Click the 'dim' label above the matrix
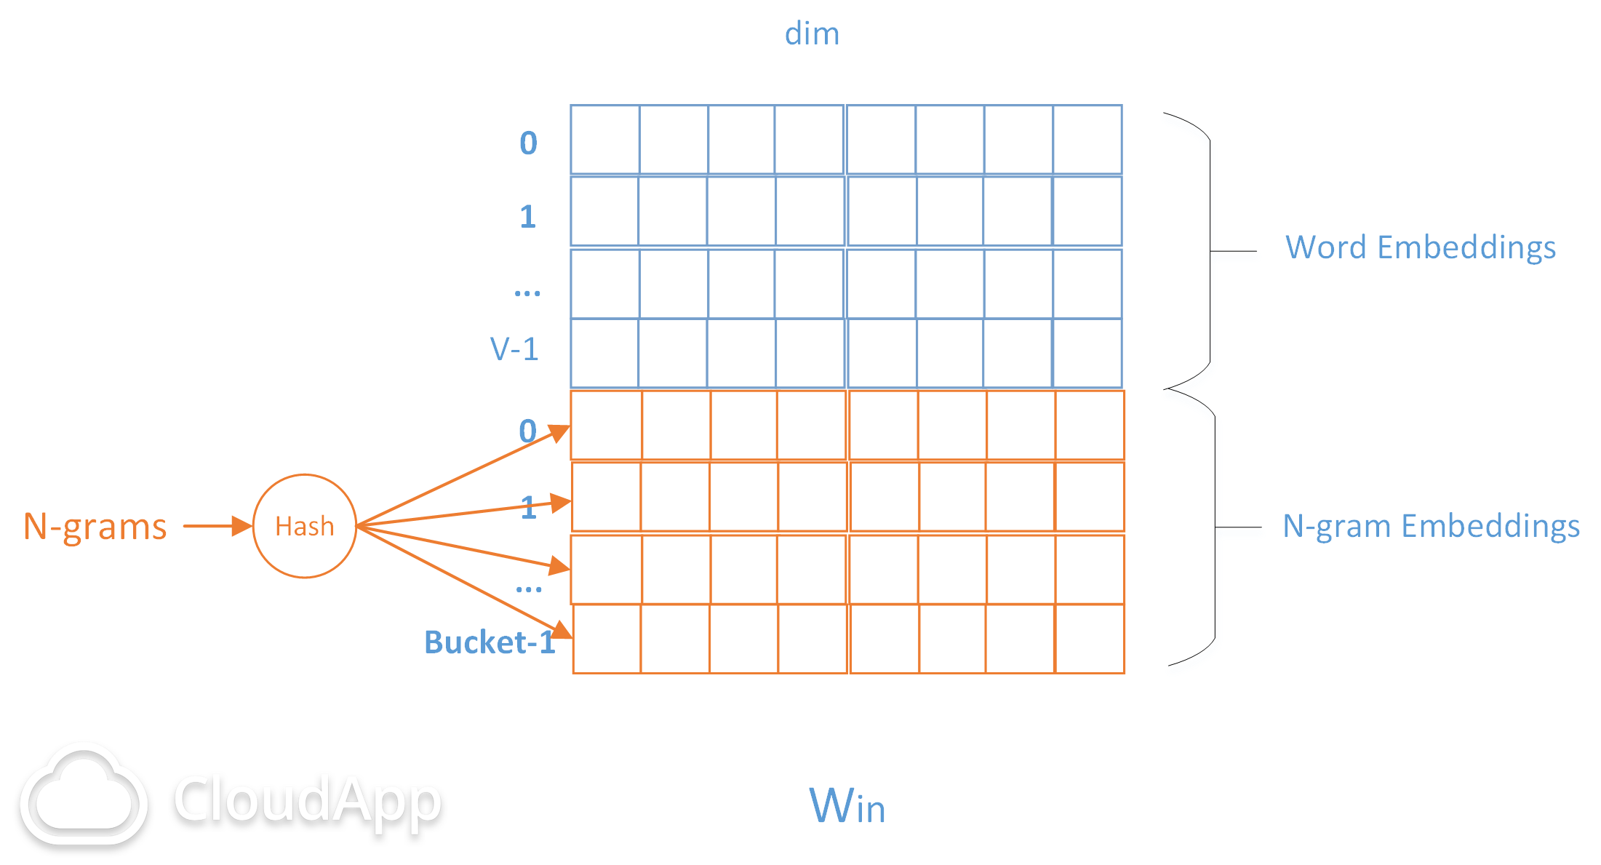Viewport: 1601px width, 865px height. (x=812, y=33)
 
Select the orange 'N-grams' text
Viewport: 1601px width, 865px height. (x=95, y=527)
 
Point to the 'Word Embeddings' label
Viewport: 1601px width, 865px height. (x=1421, y=247)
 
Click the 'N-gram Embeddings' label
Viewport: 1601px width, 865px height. (x=1431, y=526)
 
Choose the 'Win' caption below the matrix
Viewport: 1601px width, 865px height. (x=847, y=805)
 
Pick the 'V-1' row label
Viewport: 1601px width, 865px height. (x=514, y=349)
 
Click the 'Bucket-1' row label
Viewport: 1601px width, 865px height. (x=490, y=642)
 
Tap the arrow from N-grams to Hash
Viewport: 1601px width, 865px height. (x=217, y=526)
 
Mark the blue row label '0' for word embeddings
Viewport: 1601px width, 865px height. (x=529, y=143)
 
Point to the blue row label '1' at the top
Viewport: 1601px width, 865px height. (x=528, y=217)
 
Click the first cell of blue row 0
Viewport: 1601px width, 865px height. (x=605, y=140)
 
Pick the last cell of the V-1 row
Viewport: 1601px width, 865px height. (x=1087, y=353)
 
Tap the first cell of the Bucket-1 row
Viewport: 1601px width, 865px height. (x=607, y=639)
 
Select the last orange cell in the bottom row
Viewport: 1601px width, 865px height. (x=1090, y=639)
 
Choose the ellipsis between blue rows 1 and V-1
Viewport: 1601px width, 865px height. (x=527, y=294)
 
